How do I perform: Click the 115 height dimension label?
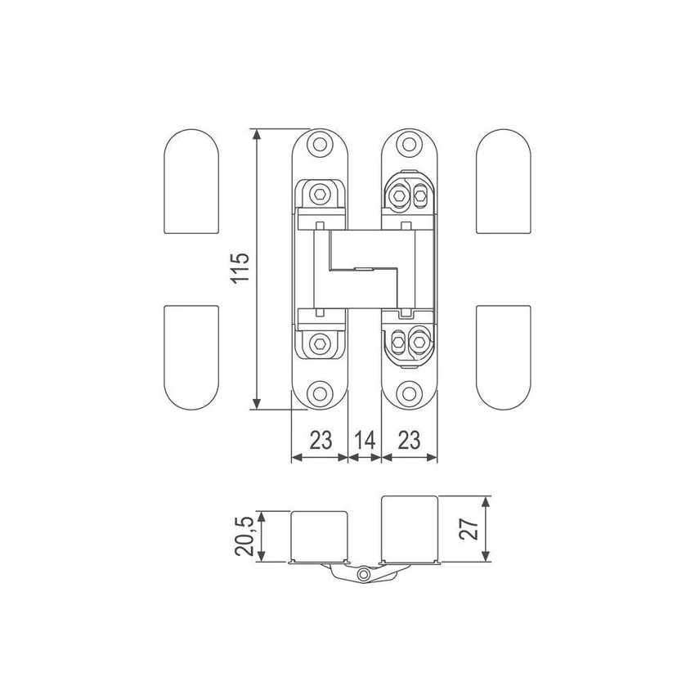(x=240, y=267)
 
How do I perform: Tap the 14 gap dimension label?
(x=365, y=441)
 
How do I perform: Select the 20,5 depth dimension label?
(x=244, y=536)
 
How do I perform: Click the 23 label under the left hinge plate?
(x=321, y=441)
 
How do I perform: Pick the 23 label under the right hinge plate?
(x=409, y=441)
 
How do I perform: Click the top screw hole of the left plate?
(x=320, y=144)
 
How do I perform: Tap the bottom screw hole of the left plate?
(x=320, y=393)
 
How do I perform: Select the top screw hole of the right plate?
(x=409, y=144)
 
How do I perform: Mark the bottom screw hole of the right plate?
(x=409, y=393)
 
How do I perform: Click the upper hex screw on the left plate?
(x=319, y=195)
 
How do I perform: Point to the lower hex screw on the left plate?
(x=319, y=343)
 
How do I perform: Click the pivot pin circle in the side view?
(x=365, y=575)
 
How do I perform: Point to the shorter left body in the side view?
(x=319, y=536)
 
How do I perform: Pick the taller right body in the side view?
(x=410, y=529)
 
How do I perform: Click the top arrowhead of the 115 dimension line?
(x=256, y=134)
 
